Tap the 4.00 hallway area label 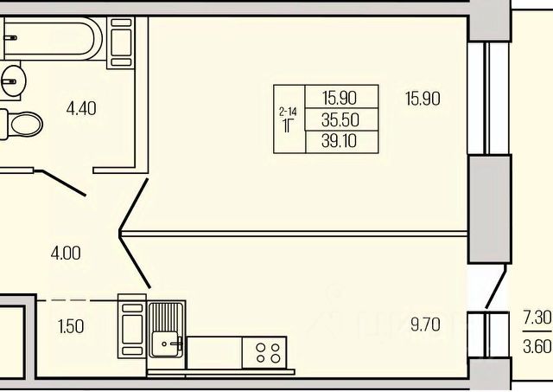click(x=66, y=254)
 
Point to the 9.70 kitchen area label click(x=426, y=325)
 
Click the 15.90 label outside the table click(x=422, y=99)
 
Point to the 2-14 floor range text click(x=289, y=111)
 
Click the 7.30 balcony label click(x=537, y=318)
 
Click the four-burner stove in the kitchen click(x=268, y=353)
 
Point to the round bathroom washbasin click(x=12, y=80)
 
